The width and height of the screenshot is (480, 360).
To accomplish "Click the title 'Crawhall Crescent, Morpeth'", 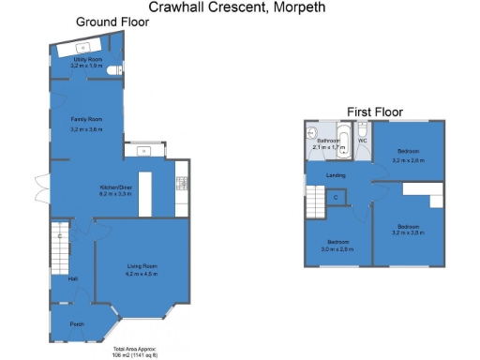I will point(242,7).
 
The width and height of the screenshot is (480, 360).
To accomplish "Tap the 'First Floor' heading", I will point(375,112).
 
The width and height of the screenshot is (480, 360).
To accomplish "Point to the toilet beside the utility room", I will point(114,70).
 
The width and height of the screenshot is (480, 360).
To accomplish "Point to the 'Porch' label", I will point(77,324).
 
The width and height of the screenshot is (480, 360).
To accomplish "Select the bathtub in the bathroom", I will point(343,144).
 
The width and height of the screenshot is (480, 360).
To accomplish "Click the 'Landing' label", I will point(335,175).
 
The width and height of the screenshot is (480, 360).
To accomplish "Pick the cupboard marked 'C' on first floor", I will point(336,197).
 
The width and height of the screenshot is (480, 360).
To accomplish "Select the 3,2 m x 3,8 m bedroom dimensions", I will point(408,232).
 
